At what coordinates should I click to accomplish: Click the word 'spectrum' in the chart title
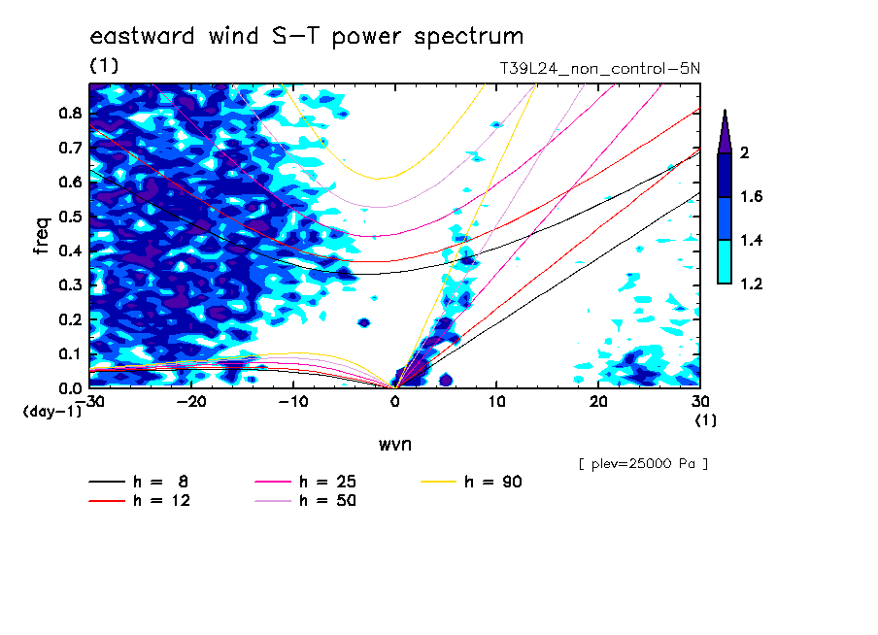pyautogui.click(x=469, y=37)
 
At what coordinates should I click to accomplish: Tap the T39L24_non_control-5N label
pyautogui.click(x=599, y=69)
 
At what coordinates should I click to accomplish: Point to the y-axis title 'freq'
pyautogui.click(x=43, y=236)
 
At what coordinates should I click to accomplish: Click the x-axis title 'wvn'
pyautogui.click(x=394, y=445)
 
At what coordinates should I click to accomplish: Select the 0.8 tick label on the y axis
pyautogui.click(x=70, y=114)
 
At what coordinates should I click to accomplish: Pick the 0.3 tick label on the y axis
pyautogui.click(x=70, y=285)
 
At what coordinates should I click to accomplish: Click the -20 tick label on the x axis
pyautogui.click(x=191, y=402)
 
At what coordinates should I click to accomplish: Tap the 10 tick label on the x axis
pyautogui.click(x=496, y=402)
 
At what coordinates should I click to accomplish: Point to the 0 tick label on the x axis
pyautogui.click(x=394, y=402)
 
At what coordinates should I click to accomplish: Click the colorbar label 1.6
pyautogui.click(x=751, y=196)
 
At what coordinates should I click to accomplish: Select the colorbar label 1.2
pyautogui.click(x=751, y=284)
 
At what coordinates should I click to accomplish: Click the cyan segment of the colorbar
pyautogui.click(x=725, y=262)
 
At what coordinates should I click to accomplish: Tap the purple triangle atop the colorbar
pyautogui.click(x=725, y=132)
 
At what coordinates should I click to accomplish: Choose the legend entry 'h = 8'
pyautogui.click(x=138, y=482)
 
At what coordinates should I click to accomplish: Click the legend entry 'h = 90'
pyautogui.click(x=471, y=482)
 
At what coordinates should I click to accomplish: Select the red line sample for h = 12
pyautogui.click(x=107, y=501)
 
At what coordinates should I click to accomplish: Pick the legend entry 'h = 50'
pyautogui.click(x=305, y=501)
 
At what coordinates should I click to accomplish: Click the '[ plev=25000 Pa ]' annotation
pyautogui.click(x=643, y=464)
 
